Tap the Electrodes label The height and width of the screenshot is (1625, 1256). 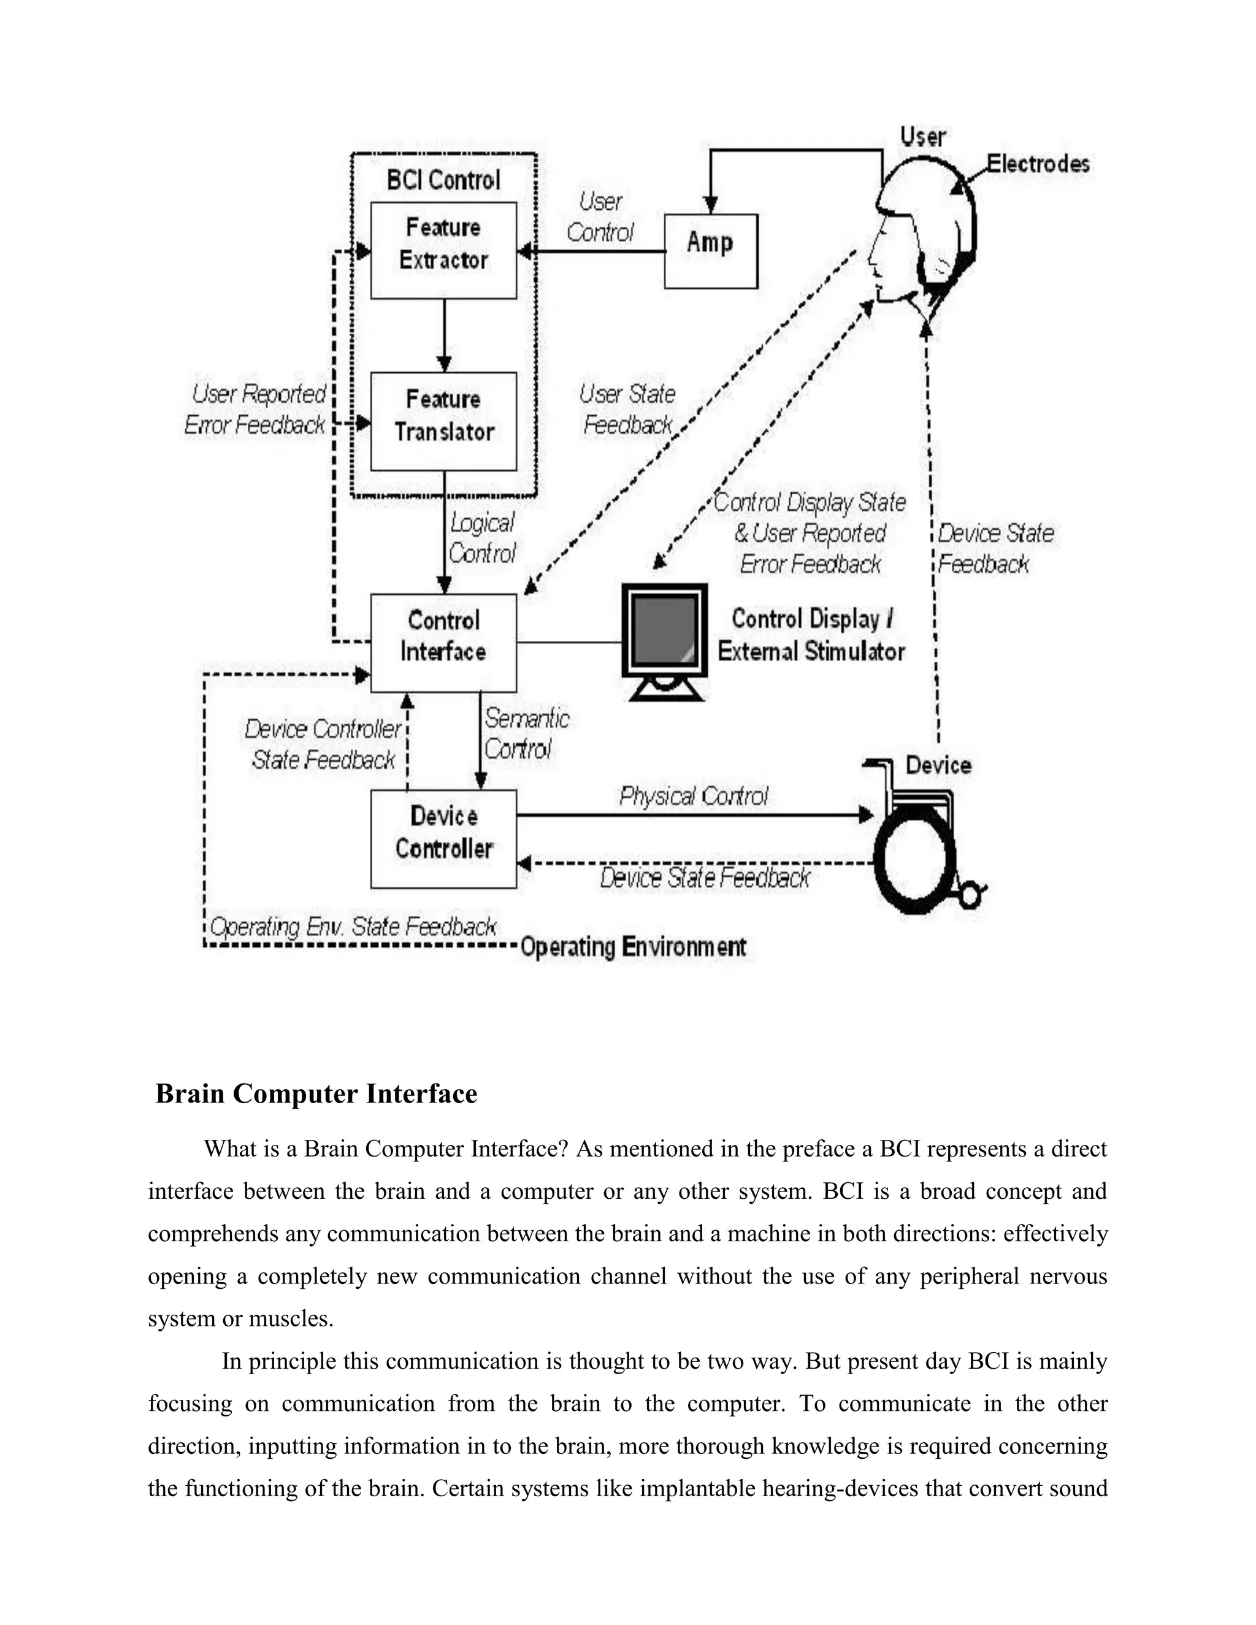[x=1038, y=164]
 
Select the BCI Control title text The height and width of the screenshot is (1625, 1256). [x=443, y=180]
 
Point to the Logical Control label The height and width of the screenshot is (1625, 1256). [x=482, y=538]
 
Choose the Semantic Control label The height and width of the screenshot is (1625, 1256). [x=526, y=733]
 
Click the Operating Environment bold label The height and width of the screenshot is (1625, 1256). [x=632, y=947]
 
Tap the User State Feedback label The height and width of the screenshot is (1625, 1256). [x=627, y=409]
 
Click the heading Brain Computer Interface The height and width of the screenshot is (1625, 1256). [x=316, y=1094]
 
